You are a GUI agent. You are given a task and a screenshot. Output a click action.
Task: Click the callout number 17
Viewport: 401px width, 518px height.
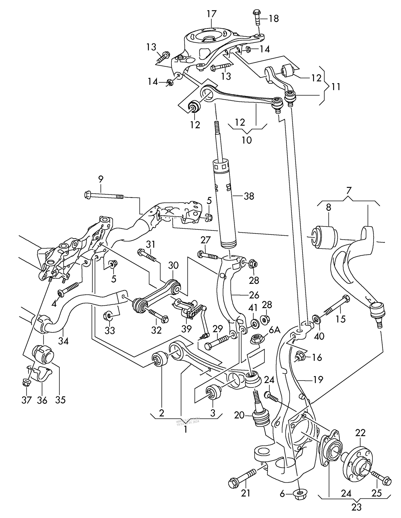tap(211, 14)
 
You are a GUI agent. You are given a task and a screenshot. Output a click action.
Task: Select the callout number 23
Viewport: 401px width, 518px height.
tap(356, 507)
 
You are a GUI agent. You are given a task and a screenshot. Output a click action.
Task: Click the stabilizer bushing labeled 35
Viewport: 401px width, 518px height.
tap(43, 354)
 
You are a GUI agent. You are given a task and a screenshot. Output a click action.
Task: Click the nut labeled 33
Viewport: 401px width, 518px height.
tap(108, 316)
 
